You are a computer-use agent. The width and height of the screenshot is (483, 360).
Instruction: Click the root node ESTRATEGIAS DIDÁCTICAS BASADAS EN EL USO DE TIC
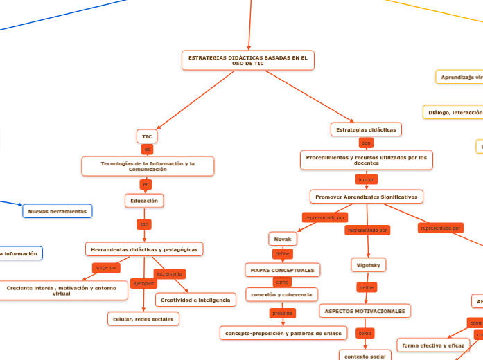tap(248, 60)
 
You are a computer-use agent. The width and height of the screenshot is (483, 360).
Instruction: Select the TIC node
tap(147, 136)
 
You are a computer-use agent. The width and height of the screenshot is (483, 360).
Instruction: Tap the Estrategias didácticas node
tap(366, 129)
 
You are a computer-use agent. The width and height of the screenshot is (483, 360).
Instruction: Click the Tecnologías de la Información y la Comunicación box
tap(148, 166)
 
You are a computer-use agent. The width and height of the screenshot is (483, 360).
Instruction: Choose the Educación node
tap(144, 201)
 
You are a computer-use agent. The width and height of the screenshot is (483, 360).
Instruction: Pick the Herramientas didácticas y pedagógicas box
tap(144, 249)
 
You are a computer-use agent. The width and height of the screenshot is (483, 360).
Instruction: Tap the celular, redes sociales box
tap(143, 318)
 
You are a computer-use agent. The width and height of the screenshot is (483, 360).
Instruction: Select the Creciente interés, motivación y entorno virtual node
tap(61, 290)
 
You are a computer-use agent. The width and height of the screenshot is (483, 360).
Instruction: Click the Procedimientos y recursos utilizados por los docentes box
tap(366, 160)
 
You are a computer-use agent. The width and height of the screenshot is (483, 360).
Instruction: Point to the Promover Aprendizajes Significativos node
tap(366, 197)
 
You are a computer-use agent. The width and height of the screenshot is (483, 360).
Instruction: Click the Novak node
tap(283, 239)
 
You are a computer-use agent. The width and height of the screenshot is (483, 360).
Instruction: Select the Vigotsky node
tap(367, 264)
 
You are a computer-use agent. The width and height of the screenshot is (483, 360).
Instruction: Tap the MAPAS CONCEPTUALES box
tap(282, 269)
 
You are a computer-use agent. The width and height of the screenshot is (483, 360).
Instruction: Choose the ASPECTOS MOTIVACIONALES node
tap(365, 311)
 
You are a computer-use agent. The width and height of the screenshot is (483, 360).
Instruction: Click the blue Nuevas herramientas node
tap(57, 210)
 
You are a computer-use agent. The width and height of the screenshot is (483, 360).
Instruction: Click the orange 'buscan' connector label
tap(366, 179)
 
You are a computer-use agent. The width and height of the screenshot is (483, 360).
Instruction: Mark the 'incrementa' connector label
tap(169, 273)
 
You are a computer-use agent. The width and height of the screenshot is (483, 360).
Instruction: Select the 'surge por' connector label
tap(107, 267)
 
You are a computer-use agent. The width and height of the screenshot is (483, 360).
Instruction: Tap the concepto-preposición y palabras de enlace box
tap(283, 333)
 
